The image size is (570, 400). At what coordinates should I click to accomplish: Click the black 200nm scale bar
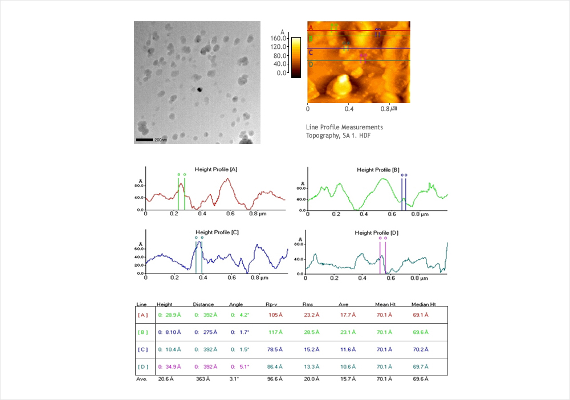point(145,140)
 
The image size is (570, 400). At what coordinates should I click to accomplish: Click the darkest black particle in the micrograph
point(199,89)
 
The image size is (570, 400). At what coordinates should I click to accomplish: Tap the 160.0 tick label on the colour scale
point(279,38)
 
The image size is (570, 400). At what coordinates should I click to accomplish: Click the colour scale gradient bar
point(296,57)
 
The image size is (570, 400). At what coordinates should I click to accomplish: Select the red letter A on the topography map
point(311,27)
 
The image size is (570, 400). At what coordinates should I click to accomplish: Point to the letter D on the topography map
point(311,64)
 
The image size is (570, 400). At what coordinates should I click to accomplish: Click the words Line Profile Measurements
point(344,127)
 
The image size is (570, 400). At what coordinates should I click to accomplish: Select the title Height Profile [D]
point(377,232)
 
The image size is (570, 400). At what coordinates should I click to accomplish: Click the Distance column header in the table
point(203,304)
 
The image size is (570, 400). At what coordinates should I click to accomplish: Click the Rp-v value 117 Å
point(274,332)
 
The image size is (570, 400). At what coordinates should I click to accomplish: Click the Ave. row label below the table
point(142,378)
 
